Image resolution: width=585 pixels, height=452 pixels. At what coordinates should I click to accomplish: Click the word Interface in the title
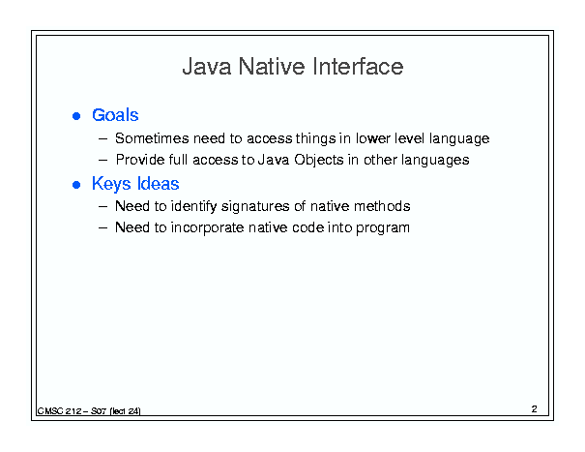pos(358,67)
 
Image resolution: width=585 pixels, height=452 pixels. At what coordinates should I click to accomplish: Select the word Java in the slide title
pos(207,67)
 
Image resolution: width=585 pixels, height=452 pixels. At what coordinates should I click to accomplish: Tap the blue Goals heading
pos(115,115)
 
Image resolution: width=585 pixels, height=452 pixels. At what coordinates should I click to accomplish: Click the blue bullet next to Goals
pos(76,116)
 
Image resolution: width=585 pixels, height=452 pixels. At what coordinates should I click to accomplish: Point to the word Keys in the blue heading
pos(111,184)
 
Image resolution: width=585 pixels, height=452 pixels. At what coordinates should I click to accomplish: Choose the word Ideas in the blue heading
pos(159,184)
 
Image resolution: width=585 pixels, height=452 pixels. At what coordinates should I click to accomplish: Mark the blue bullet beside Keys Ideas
pos(76,185)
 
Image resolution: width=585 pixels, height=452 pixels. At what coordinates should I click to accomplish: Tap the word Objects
pos(319,161)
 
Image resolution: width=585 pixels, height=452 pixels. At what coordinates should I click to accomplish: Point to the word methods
pos(382,206)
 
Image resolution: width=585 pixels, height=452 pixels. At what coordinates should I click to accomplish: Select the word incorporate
pos(208,227)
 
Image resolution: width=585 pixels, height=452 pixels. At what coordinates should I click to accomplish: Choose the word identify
pos(194,206)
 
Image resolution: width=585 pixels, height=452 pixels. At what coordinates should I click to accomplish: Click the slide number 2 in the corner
pos(535,409)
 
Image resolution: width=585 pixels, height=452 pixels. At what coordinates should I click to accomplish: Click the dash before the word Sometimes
pos(102,139)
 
